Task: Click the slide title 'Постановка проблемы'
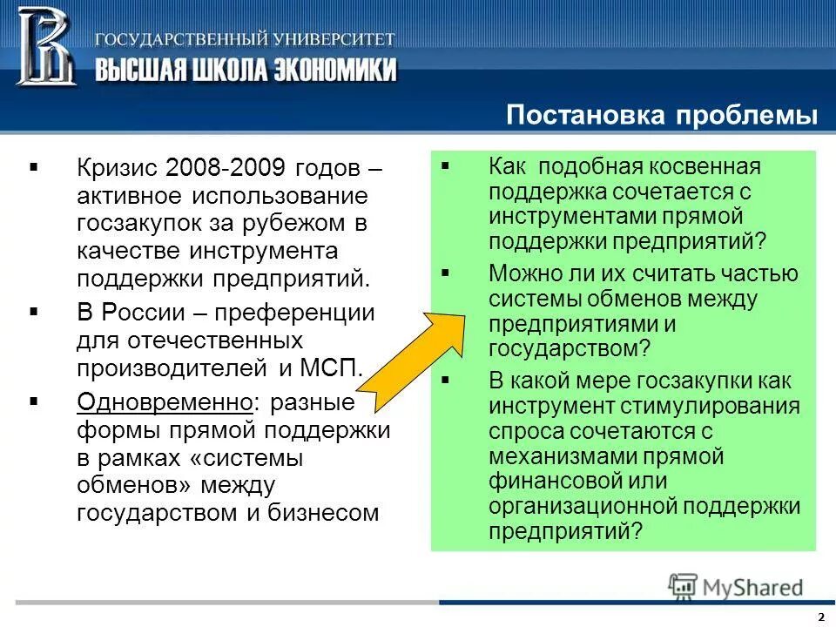pyautogui.click(x=662, y=117)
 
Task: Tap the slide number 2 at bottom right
pyautogui.click(x=820, y=617)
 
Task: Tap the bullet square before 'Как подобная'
pyautogui.click(x=446, y=165)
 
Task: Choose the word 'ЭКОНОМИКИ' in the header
pyautogui.click(x=325, y=70)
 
